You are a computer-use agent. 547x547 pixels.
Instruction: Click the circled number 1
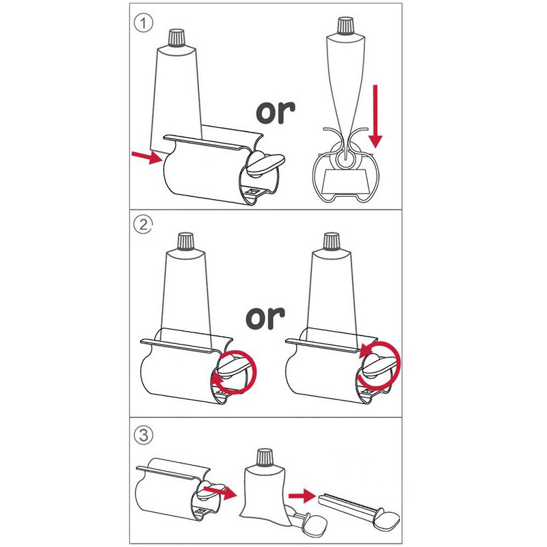pyautogui.click(x=144, y=23)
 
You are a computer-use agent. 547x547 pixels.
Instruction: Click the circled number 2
pyautogui.click(x=144, y=224)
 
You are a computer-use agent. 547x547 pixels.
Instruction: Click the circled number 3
pyautogui.click(x=144, y=435)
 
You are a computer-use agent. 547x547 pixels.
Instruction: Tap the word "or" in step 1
pyautogui.click(x=276, y=112)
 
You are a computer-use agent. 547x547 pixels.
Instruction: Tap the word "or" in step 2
pyautogui.click(x=265, y=318)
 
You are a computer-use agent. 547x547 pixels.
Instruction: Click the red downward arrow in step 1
pyautogui.click(x=375, y=116)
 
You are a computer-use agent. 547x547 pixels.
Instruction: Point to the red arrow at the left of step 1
pyautogui.click(x=147, y=157)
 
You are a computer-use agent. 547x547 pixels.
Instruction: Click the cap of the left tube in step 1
pyautogui.click(x=177, y=38)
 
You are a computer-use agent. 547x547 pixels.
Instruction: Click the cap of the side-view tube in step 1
pyautogui.click(x=346, y=26)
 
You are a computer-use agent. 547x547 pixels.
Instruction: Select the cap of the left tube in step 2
pyautogui.click(x=185, y=241)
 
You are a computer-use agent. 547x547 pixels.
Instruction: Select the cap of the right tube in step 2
pyautogui.click(x=332, y=241)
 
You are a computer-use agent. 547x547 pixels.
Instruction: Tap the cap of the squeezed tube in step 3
pyautogui.click(x=265, y=457)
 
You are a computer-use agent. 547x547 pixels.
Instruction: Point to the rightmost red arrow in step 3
pyautogui.click(x=302, y=495)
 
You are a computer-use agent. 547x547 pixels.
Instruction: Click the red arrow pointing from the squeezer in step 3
pyautogui.click(x=220, y=492)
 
